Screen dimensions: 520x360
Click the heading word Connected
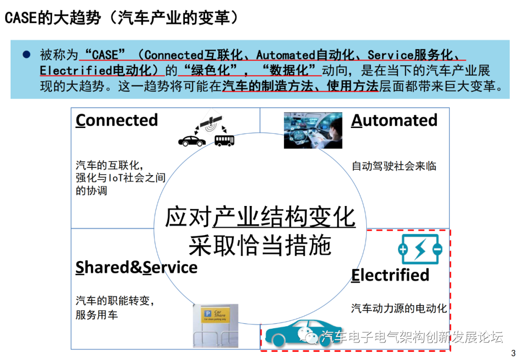click(x=117, y=120)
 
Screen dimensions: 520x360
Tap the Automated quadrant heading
click(x=394, y=120)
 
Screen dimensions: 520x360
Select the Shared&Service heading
click(x=136, y=267)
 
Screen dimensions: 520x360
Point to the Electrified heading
click(x=390, y=275)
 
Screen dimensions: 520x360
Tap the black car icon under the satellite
click(x=192, y=140)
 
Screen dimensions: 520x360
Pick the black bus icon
click(x=224, y=140)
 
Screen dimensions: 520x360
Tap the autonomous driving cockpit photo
click(x=313, y=130)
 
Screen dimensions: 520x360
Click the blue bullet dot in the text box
click(x=26, y=54)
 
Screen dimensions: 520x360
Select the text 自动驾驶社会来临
click(x=394, y=166)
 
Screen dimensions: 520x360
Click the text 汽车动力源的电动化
click(x=399, y=308)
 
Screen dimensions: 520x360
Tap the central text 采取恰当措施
click(x=260, y=245)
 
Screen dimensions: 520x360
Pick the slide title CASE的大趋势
click(x=53, y=18)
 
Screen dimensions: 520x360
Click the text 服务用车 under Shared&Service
click(x=97, y=315)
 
